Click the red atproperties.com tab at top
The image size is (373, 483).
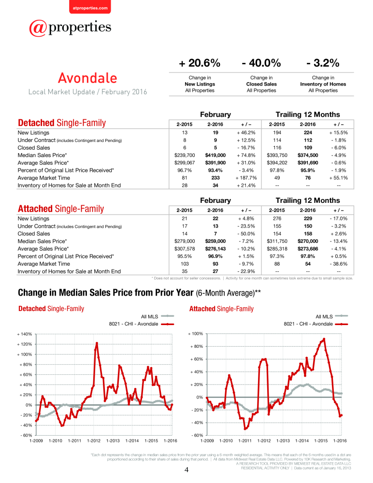[90, 7]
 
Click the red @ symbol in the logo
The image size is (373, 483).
[38, 28]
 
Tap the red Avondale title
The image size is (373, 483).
[87, 78]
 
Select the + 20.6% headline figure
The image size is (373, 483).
[200, 63]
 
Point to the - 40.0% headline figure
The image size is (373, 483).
[261, 63]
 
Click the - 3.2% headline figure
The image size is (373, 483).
[323, 63]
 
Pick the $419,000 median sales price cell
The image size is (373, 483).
[215, 155]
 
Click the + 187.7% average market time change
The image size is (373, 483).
[246, 178]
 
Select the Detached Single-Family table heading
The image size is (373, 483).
[62, 123]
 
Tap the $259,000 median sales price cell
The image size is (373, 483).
[215, 241]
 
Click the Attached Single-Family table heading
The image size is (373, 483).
[61, 209]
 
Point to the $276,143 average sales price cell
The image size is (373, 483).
[215, 249]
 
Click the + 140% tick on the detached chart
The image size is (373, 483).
[24, 334]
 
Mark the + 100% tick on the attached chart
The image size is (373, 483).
[196, 334]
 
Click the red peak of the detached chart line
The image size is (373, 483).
[97, 343]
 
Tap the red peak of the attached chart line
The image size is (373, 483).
[324, 339]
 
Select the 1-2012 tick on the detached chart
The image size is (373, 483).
[94, 441]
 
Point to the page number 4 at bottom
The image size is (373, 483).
[186, 470]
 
